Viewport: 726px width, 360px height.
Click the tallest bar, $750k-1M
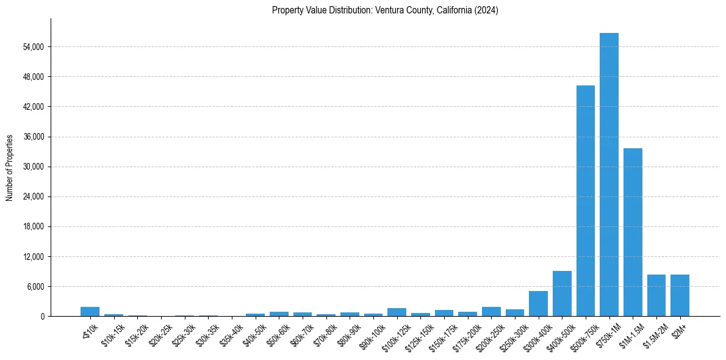pos(609,175)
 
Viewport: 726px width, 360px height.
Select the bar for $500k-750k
pos(586,201)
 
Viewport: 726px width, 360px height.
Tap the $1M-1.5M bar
pos(633,232)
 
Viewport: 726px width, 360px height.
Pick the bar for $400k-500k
pos(562,293)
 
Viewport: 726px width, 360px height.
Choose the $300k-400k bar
pos(538,304)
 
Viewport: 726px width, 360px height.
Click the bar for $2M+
pos(680,295)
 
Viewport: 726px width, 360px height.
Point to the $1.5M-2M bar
pos(656,295)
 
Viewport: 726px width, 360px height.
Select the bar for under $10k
pos(90,311)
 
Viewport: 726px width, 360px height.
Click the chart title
pos(385,10)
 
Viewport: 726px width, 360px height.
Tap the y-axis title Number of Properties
pos(10,167)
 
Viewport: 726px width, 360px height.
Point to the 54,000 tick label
pos(33,47)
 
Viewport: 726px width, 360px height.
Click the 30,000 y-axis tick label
pos(33,167)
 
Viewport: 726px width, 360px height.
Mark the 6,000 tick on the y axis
pos(35,287)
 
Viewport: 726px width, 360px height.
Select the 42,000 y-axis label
pos(33,107)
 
